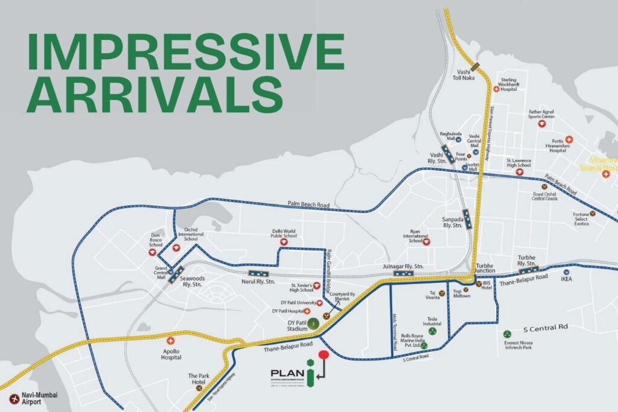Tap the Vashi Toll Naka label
coord(465,74)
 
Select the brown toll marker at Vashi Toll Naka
coord(476,65)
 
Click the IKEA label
coord(566,279)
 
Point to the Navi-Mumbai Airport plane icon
coord(13,398)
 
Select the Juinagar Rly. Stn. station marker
coord(403,273)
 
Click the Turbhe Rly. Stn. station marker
coord(529,270)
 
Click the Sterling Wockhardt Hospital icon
coord(496,89)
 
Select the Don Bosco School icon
coord(152,253)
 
